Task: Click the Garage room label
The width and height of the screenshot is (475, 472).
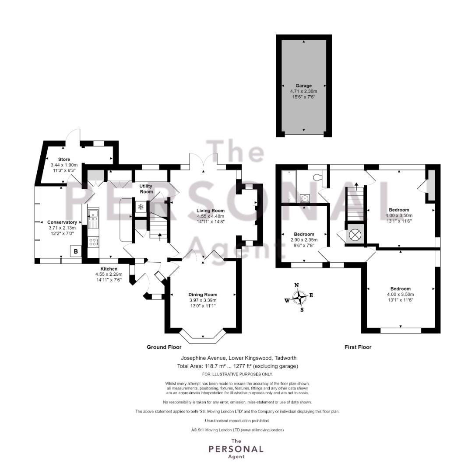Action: point(303,86)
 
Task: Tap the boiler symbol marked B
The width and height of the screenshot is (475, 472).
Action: point(76,251)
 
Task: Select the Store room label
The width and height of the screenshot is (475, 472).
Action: point(64,159)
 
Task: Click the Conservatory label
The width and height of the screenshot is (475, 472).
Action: point(62,222)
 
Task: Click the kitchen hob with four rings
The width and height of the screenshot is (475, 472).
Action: point(93,242)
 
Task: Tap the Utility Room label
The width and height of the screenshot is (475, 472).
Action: point(146,189)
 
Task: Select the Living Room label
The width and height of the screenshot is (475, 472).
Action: point(211,211)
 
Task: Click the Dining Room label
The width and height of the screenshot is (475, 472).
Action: point(203,295)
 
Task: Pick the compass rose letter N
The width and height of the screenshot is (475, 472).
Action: point(297,285)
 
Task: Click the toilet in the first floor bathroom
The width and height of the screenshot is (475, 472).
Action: point(318,177)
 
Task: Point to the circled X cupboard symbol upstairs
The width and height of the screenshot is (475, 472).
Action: point(355,234)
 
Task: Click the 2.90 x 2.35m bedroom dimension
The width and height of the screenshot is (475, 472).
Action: point(304,240)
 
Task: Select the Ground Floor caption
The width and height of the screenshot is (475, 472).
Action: point(164,347)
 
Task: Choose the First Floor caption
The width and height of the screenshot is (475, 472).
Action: point(358,347)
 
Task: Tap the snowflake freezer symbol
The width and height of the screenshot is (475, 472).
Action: point(141,207)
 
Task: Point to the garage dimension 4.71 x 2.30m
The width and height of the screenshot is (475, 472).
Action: point(303,91)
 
